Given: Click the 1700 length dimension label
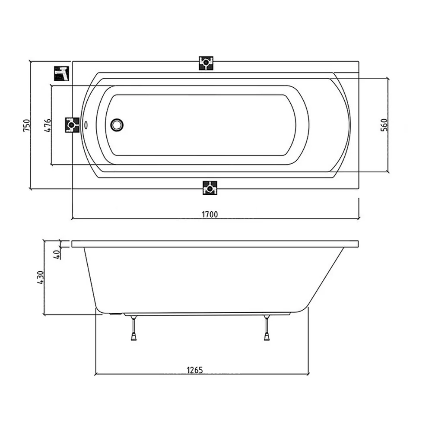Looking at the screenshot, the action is pos(210,214).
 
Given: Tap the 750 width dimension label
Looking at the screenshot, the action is pos(27,125).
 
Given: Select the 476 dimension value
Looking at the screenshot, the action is pos(48,125).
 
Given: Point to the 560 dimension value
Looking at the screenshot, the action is pos(384,125).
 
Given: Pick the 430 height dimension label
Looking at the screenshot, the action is pos(40,277).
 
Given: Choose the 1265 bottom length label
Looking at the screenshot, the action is pos(195,370).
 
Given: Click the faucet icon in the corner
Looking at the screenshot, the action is pos(61,73).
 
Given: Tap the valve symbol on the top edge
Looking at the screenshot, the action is pos(206,63).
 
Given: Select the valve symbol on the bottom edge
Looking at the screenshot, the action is pos(210,188).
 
